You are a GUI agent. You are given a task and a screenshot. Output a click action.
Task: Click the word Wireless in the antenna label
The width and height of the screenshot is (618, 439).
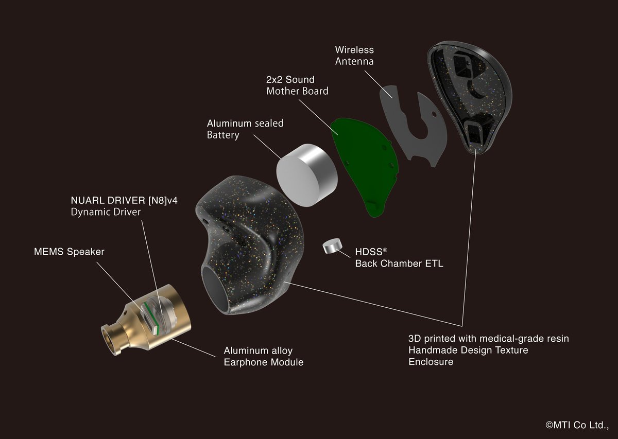[x=354, y=50]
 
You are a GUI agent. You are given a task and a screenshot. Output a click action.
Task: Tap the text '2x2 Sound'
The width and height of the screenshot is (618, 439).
[x=290, y=80]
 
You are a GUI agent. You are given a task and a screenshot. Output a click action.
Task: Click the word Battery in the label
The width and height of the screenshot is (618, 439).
[x=223, y=135]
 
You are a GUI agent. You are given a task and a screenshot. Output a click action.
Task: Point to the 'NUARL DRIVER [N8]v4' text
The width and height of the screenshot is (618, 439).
[x=124, y=200]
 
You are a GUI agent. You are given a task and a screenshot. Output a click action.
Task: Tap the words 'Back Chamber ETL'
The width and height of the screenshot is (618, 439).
[x=399, y=264]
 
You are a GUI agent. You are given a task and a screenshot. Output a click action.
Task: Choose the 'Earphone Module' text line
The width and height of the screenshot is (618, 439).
[x=263, y=362]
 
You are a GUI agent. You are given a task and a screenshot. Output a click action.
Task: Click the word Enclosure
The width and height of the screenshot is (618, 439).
[x=431, y=361]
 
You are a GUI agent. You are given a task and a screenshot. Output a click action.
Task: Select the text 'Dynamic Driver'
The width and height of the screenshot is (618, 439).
[x=106, y=212]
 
